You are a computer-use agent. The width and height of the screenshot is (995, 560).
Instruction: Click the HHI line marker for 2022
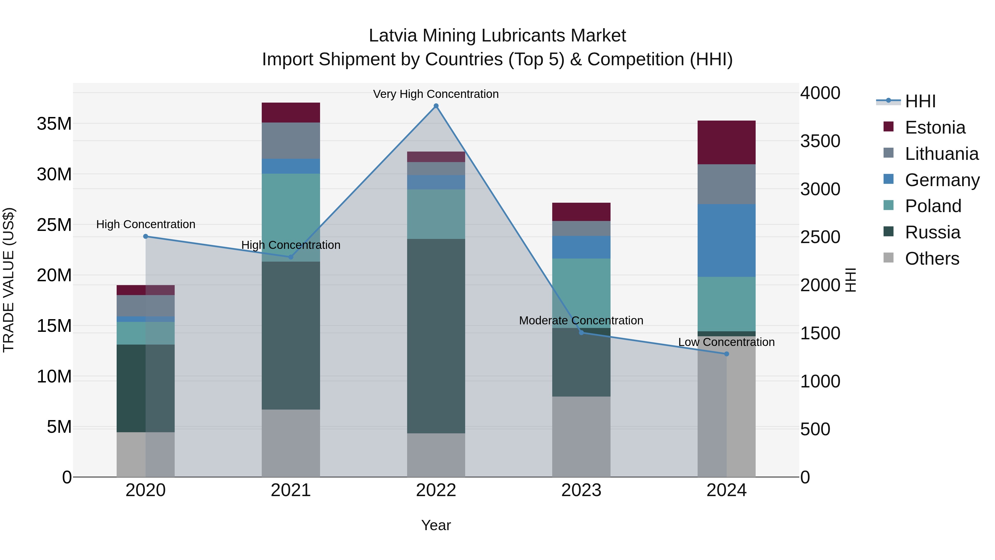tap(436, 106)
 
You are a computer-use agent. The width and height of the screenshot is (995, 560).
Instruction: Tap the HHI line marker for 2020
tap(146, 236)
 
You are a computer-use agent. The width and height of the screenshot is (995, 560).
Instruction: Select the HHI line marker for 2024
tap(727, 354)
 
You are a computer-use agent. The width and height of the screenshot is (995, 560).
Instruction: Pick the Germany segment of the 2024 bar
tap(727, 240)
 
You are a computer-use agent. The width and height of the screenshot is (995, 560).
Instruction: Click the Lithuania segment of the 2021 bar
tap(291, 141)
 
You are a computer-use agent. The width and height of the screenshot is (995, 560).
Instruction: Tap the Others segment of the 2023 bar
tap(581, 436)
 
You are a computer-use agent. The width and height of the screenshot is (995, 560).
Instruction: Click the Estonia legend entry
tap(935, 127)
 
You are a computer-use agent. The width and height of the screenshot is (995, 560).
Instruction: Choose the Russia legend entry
tap(933, 232)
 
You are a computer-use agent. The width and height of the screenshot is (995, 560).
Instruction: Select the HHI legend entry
tap(920, 101)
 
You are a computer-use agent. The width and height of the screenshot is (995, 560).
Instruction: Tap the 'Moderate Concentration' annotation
tap(581, 321)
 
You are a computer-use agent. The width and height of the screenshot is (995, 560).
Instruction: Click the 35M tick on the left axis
tap(54, 124)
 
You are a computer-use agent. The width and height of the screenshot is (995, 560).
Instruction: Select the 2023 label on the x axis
tap(581, 490)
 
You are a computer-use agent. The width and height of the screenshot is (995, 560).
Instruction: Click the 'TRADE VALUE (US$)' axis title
tap(9, 280)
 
